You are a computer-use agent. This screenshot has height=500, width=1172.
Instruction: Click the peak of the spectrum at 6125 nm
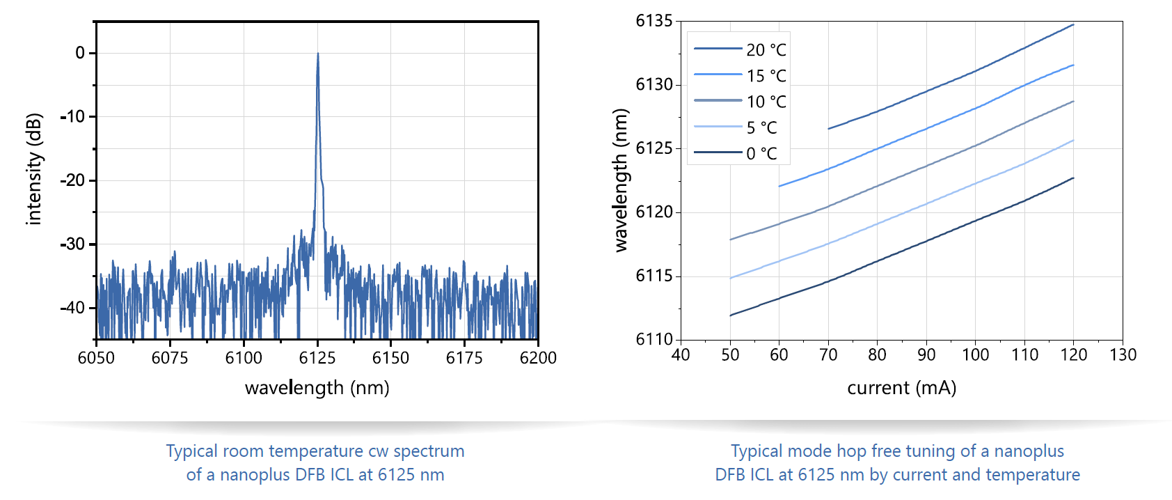click(x=318, y=54)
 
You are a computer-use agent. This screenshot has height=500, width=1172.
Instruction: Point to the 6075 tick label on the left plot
click(x=170, y=358)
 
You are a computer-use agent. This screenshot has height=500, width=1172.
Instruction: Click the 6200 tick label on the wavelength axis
click(x=538, y=358)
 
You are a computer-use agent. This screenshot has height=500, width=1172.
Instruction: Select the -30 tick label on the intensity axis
click(x=72, y=244)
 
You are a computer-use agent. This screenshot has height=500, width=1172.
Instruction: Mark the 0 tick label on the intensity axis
click(x=80, y=53)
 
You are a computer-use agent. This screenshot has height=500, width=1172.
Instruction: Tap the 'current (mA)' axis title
click(x=901, y=388)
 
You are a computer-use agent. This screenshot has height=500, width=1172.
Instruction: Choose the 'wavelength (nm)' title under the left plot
click(x=317, y=388)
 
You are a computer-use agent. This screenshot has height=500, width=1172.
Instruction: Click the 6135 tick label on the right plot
click(x=654, y=21)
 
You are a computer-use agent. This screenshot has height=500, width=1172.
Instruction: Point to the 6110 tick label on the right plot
click(x=654, y=339)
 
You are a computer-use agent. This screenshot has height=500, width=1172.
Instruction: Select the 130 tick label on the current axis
click(x=1123, y=355)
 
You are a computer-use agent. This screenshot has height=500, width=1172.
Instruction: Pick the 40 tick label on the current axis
click(x=681, y=355)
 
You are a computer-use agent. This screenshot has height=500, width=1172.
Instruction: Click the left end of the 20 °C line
click(x=828, y=129)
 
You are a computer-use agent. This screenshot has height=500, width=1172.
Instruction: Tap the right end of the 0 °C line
click(x=1074, y=178)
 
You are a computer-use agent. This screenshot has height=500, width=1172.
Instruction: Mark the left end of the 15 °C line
click(x=779, y=187)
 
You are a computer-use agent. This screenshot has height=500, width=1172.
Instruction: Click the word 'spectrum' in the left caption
click(x=429, y=451)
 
